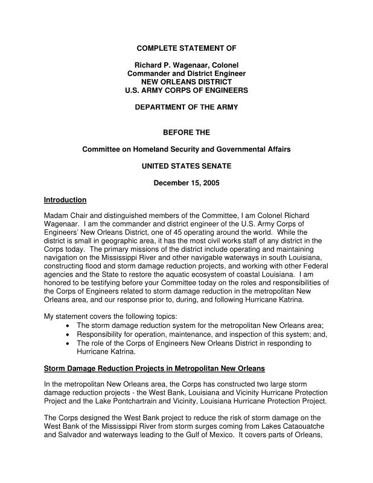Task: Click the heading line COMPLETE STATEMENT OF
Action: [186, 48]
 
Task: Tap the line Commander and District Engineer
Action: [186, 73]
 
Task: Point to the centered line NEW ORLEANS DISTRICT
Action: [186, 82]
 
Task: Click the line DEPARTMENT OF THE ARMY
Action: [186, 107]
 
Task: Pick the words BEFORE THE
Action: [186, 132]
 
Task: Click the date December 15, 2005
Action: [186, 183]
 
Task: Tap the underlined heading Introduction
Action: [65, 200]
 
